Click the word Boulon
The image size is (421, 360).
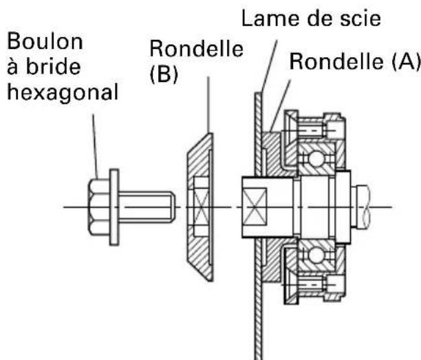45,41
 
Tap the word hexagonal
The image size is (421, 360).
63,93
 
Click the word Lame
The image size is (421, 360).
270,19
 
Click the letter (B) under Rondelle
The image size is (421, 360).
164,74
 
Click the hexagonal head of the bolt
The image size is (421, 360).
99,207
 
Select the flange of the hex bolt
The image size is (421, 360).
114,207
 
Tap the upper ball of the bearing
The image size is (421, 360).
317,158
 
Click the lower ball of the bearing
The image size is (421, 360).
317,255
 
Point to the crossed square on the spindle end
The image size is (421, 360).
255,207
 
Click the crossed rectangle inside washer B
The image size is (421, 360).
201,207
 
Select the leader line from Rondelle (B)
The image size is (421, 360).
208,105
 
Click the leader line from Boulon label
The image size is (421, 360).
96,147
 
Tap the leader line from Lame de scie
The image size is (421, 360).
269,67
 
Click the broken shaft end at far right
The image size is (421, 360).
364,207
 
